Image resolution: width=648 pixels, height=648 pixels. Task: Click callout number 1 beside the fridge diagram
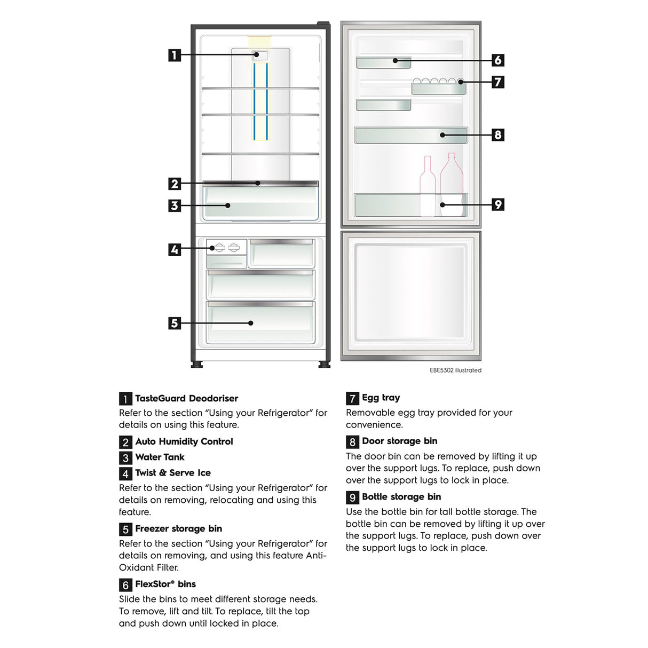(175, 55)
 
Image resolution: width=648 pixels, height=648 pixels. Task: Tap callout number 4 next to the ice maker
(175, 249)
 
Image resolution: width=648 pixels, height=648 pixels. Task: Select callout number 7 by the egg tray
(497, 82)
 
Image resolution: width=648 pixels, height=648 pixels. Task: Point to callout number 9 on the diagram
(497, 204)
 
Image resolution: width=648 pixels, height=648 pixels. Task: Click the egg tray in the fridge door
(438, 86)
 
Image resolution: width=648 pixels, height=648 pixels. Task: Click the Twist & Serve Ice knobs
(226, 248)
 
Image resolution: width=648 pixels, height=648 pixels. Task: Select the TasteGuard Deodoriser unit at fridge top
(260, 55)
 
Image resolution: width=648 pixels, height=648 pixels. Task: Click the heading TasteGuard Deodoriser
(186, 398)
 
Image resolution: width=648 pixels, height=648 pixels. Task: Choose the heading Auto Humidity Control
(184, 441)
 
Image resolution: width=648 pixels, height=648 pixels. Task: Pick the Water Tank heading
(160, 457)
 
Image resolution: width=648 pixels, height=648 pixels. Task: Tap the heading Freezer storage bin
(178, 528)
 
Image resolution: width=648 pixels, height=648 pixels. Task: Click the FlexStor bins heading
(165, 584)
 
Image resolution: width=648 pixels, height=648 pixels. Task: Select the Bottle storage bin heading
(401, 496)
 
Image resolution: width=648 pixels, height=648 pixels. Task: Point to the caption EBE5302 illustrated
(455, 370)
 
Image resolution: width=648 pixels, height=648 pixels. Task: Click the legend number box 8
(352, 441)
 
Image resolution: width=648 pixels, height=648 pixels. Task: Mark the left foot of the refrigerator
(196, 365)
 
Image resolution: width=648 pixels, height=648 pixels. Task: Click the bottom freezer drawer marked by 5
(260, 322)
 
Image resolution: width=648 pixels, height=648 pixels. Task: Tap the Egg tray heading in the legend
(381, 398)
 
